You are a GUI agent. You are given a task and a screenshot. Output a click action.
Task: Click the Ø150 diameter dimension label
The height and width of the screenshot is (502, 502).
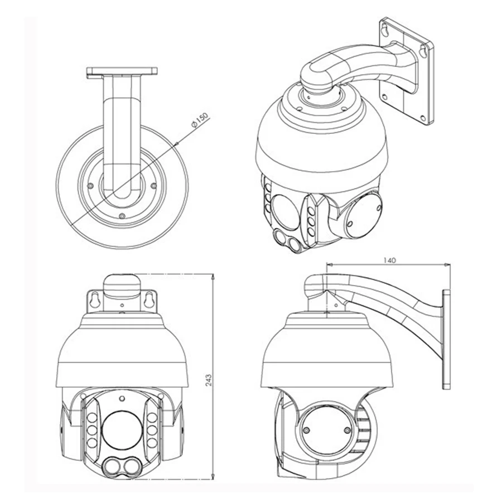tap(200, 120)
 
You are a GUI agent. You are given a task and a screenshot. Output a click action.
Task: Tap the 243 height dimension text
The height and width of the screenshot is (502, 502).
tap(209, 380)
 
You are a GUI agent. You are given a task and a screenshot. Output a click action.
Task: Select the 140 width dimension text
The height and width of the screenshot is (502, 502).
tap(389, 260)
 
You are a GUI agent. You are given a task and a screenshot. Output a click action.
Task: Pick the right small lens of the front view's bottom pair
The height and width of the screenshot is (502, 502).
tap(131, 467)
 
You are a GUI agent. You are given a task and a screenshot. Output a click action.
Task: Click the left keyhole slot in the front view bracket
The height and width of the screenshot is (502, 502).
tap(95, 300)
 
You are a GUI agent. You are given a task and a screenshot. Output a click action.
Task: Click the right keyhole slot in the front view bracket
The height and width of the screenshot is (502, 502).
tap(148, 300)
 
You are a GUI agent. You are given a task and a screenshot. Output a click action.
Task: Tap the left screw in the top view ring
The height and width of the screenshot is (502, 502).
tap(90, 186)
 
